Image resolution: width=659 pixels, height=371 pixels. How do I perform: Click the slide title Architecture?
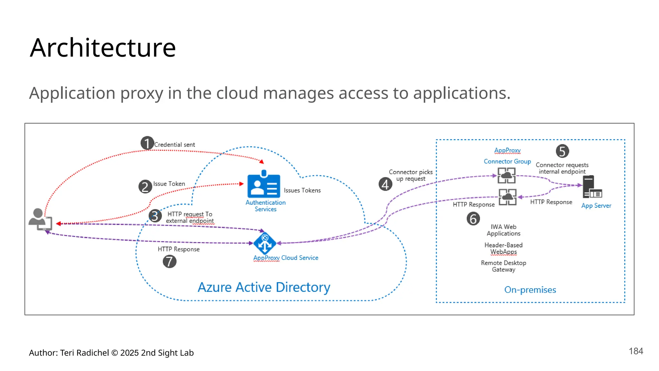pos(103,48)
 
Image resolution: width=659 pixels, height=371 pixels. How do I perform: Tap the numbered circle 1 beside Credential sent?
pos(147,143)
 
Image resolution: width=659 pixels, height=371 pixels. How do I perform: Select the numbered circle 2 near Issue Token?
pos(145,186)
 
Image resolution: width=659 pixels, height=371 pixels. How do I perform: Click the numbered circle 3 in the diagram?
pos(155,216)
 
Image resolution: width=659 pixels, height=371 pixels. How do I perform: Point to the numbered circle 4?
pos(385,184)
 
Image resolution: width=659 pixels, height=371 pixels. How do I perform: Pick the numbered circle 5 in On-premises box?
pos(562,151)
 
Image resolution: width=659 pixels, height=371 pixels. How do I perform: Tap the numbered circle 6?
pos(473,219)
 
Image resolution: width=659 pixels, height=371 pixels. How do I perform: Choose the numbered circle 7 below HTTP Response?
pos(169,261)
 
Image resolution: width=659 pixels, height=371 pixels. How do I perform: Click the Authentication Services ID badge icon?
pos(264,185)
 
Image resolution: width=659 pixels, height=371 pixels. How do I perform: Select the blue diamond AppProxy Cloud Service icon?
pos(265,243)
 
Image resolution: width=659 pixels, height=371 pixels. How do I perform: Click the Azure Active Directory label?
pos(264,287)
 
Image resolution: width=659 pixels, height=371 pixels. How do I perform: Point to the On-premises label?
pos(530,290)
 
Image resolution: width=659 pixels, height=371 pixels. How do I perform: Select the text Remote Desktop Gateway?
pos(503,266)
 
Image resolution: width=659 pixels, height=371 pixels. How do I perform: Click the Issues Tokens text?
pos(302,190)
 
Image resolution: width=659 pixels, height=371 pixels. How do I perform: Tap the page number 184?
pos(636,351)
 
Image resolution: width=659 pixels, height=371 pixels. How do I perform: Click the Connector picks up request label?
pos(411,175)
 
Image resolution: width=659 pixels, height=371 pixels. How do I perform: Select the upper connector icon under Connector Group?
pos(506,176)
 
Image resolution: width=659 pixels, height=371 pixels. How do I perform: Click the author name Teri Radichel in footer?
pos(84,353)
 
